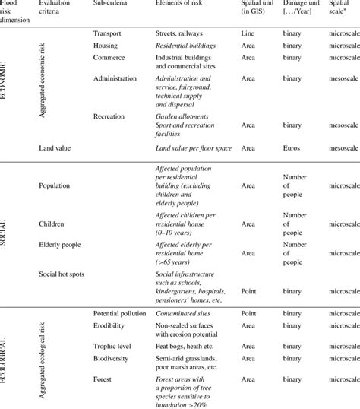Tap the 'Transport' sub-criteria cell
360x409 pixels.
click(107, 34)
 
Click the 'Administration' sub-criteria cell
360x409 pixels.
click(115, 78)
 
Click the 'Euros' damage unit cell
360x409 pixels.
click(293, 149)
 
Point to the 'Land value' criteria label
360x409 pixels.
click(55, 149)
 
